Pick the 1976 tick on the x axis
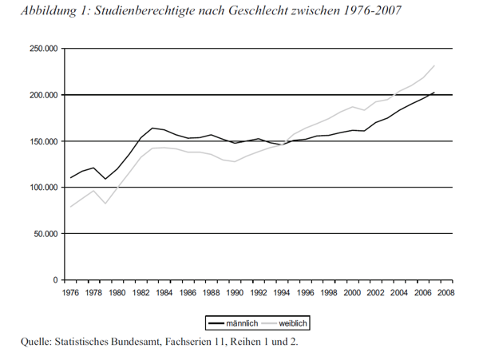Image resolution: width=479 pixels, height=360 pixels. tap(70, 292)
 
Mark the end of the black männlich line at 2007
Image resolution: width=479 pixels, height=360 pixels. tap(433, 93)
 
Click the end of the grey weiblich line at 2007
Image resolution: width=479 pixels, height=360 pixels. tap(433, 65)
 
